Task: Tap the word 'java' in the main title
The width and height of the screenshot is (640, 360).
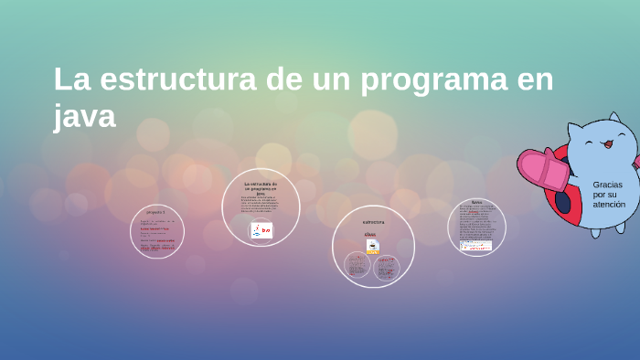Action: [84, 116]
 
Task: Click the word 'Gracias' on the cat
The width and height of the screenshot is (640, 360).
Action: [607, 185]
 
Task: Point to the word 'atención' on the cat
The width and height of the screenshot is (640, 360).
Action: [609, 205]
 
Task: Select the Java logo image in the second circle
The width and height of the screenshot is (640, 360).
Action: [261, 230]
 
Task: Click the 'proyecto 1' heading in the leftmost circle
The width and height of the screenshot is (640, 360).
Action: [156, 211]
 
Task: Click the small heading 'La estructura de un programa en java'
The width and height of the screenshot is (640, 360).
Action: [261, 187]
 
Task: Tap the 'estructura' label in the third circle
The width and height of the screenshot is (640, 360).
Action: [373, 222]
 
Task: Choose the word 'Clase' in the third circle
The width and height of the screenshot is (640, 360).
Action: [370, 235]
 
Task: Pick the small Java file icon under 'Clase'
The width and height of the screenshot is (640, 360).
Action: [372, 246]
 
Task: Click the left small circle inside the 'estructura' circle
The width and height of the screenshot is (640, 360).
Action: [357, 265]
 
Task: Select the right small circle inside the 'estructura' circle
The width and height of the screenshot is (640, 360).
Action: [387, 267]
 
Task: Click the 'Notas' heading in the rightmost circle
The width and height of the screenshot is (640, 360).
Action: [476, 202]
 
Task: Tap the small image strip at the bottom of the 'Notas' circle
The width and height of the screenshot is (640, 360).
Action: [475, 245]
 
